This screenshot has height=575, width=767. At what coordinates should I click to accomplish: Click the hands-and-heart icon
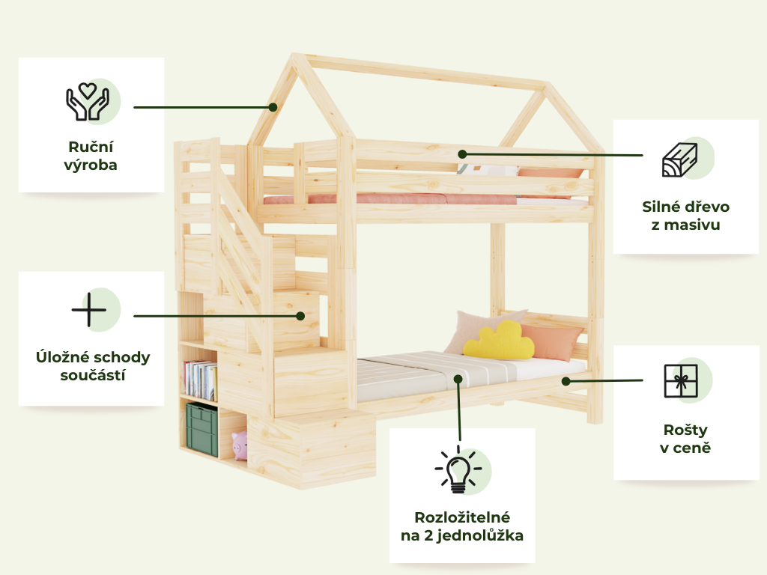[88, 102]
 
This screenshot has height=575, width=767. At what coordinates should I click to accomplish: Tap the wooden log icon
[680, 159]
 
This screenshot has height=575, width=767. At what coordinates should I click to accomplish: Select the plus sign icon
[88, 309]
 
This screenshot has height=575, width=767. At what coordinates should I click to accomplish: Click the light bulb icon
[458, 469]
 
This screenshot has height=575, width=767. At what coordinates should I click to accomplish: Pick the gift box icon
[680, 380]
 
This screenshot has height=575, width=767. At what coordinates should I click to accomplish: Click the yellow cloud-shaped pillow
[498, 341]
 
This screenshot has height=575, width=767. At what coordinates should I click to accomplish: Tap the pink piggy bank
[240, 445]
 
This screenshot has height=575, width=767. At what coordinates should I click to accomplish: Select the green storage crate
[201, 430]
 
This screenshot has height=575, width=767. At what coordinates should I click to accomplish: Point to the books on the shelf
[200, 380]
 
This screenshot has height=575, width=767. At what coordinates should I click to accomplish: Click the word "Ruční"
[91, 147]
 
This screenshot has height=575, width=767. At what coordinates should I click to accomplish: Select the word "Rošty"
[685, 431]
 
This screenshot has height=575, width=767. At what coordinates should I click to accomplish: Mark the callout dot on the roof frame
[273, 107]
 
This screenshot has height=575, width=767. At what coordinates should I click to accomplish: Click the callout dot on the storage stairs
[300, 316]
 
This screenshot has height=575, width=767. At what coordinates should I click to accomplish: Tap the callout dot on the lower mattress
[458, 379]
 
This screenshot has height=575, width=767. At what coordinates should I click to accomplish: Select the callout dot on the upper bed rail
[462, 154]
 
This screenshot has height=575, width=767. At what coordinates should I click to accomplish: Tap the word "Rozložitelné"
[462, 517]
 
